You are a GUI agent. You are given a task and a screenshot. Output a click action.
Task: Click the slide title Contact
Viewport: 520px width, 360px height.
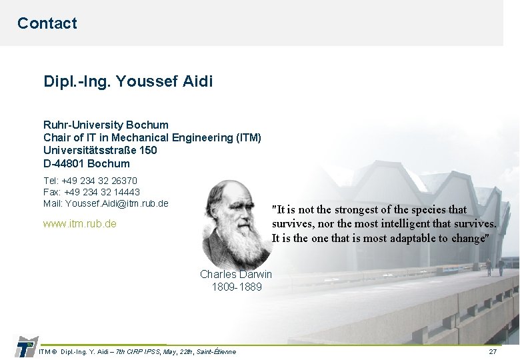[47, 23]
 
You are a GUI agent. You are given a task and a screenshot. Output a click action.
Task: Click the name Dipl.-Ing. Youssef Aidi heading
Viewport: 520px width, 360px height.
[128, 82]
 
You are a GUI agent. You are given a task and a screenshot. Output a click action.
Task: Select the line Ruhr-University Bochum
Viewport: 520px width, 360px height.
[106, 125]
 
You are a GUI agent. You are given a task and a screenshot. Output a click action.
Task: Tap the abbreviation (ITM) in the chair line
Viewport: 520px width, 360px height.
[249, 137]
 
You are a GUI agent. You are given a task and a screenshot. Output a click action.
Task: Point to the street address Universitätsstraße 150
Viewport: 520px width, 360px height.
[100, 150]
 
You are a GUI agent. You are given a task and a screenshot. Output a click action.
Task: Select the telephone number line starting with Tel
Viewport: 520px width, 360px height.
[90, 181]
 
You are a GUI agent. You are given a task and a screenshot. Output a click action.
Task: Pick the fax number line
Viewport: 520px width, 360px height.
[91, 192]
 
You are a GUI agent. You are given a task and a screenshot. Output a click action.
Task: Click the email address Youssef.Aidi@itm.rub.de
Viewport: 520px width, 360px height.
[117, 203]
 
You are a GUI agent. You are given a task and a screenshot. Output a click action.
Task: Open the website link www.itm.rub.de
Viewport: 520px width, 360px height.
[79, 224]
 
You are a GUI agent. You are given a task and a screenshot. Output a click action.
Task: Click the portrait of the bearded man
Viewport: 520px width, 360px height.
[236, 223]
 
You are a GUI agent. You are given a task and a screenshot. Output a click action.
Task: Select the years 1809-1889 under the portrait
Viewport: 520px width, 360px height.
[237, 287]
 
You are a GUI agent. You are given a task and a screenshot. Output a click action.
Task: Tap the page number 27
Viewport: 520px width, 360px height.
[493, 351]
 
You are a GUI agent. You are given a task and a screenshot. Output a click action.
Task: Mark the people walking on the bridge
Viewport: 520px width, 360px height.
[495, 267]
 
